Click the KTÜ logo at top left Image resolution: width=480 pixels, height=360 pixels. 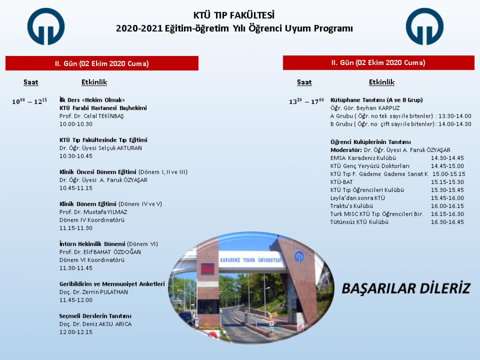tap(46, 26)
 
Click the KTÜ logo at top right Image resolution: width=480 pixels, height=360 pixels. tap(425, 26)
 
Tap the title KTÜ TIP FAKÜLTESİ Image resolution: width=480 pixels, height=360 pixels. tap(234, 15)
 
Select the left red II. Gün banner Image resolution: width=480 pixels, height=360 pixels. tap(102, 63)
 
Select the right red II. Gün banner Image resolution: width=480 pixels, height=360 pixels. tap(379, 63)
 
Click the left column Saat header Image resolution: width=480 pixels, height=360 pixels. tap(31, 82)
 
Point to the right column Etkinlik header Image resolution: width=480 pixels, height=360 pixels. tap(382, 82)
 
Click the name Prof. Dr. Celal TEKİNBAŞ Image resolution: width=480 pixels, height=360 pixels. tap(92, 116)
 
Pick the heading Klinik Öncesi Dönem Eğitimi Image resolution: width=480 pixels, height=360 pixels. tap(98, 172)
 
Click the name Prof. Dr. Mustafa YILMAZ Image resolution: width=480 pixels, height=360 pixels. tap(93, 212)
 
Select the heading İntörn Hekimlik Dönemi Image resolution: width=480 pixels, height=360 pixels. tap(92, 244)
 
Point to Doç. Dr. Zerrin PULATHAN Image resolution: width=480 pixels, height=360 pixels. tap(94, 292)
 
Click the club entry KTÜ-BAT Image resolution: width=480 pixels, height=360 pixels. tap(342, 182)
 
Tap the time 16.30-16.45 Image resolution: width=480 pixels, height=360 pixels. tap(447, 222)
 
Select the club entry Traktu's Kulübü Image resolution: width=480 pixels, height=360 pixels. tap(351, 206)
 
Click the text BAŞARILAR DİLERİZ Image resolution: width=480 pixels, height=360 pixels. tap(406, 289)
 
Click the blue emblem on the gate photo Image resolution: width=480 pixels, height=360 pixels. tap(299, 256)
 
